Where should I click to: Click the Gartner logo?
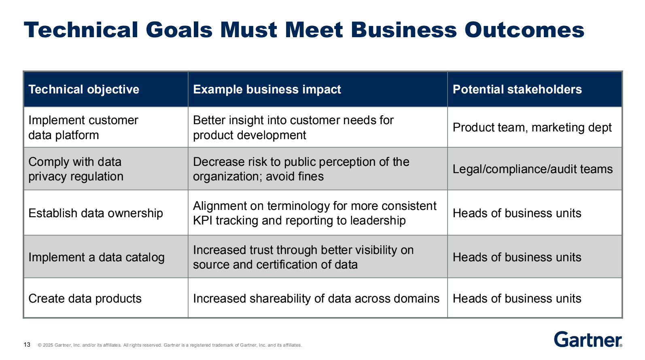588,339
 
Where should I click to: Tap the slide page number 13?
27,345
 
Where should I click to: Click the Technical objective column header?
84,89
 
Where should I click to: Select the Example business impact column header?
267,89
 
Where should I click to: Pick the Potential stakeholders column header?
517,89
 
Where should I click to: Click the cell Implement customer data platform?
83,127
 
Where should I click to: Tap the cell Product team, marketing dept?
532,127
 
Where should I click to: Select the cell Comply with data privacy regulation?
76,169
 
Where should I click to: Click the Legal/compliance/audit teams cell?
533,169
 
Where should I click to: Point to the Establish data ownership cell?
95,213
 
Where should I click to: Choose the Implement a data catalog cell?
96,257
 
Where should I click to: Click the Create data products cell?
85,299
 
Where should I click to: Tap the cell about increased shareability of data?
316,299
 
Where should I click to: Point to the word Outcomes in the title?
524,30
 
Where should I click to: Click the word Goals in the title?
179,30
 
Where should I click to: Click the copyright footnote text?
170,345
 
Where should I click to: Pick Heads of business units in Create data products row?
517,299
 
